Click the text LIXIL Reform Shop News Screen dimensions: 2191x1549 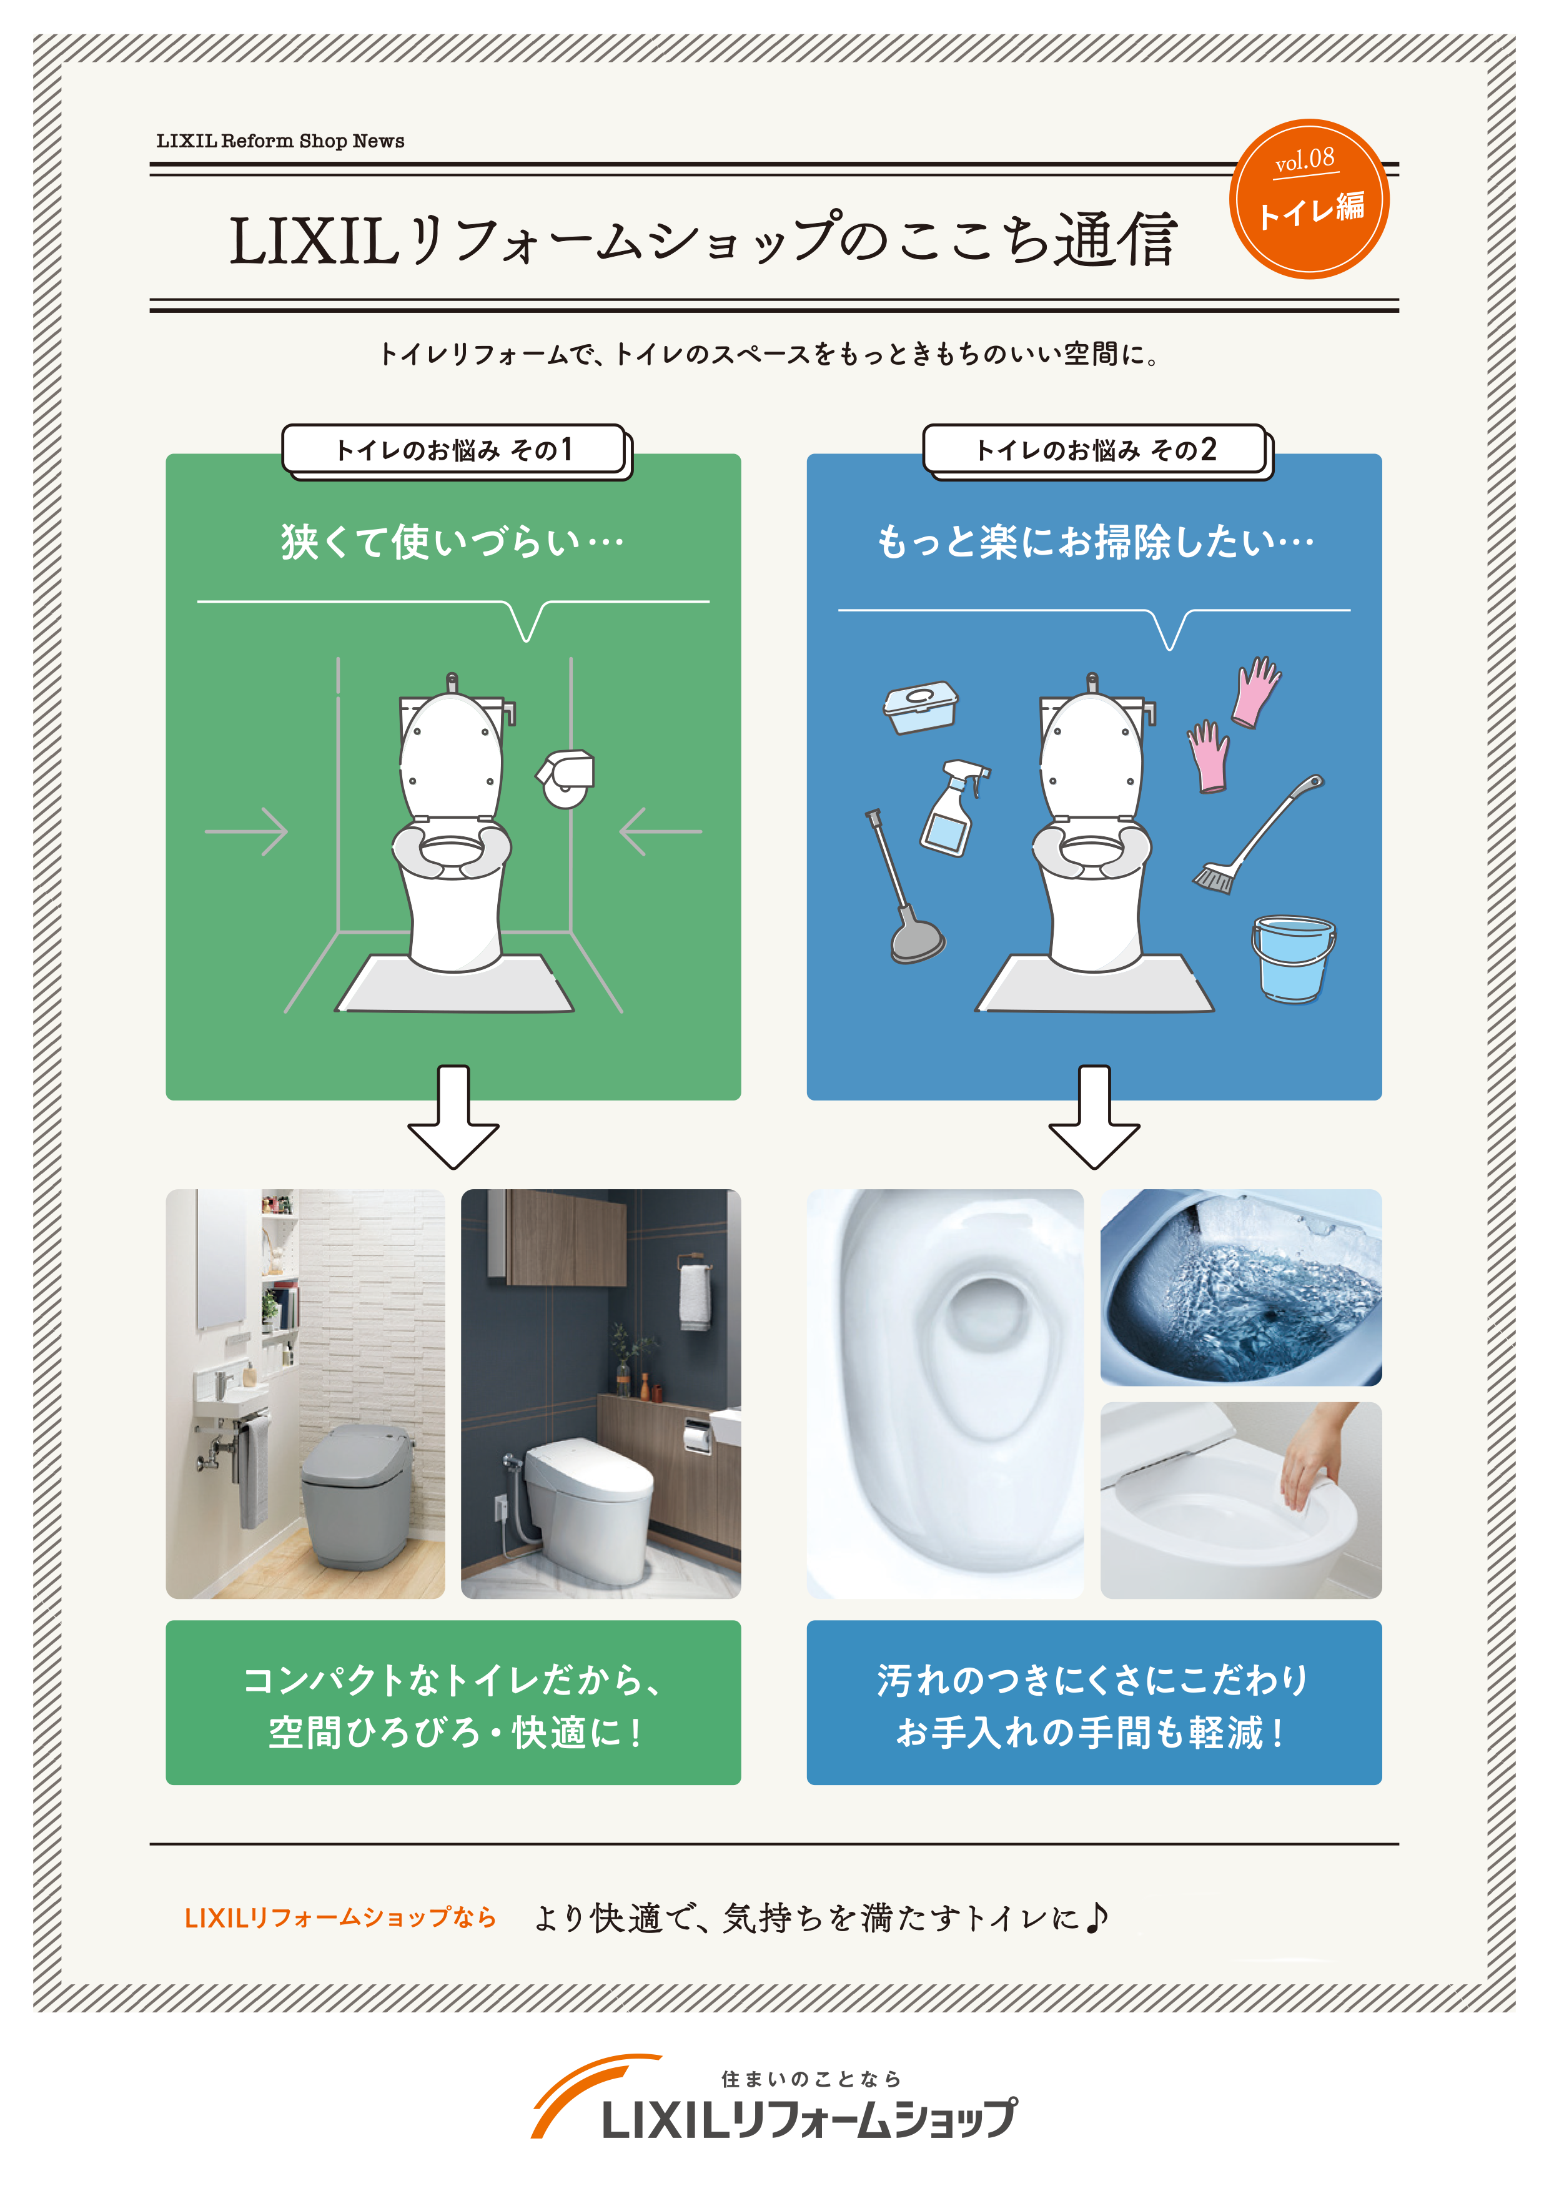tap(280, 141)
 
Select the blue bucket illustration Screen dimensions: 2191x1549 tap(1292, 957)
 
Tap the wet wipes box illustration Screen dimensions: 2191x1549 tap(920, 706)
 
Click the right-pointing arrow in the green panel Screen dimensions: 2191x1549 tap(246, 831)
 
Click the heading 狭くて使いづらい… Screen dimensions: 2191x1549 tap(452, 542)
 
